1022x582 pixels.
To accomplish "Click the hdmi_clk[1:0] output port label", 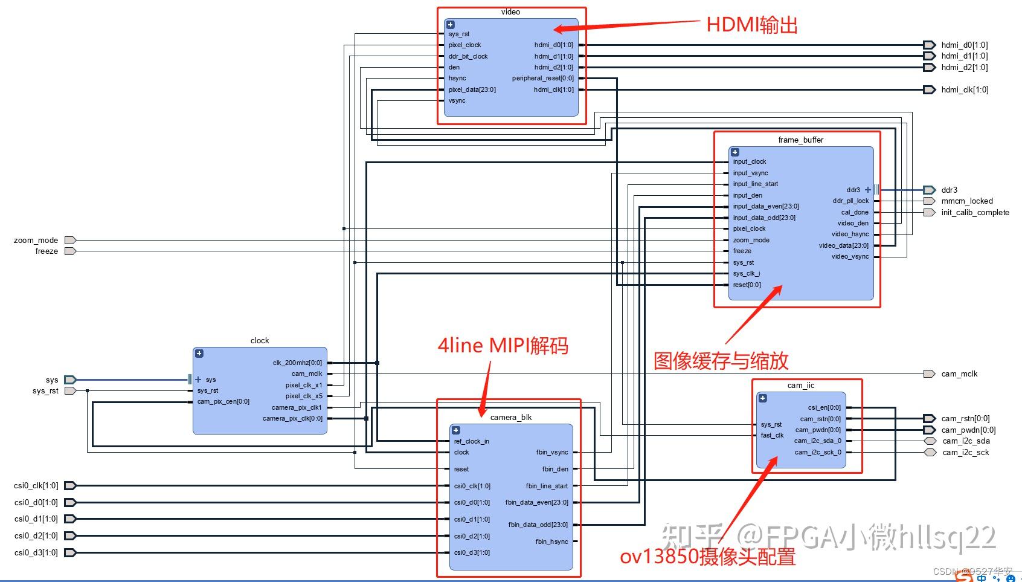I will click(965, 90).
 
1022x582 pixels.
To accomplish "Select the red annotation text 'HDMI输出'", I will click(752, 25).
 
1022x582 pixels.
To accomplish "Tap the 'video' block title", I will click(510, 12).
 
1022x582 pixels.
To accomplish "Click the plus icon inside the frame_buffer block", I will click(735, 152).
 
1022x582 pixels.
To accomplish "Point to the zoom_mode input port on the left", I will click(36, 240).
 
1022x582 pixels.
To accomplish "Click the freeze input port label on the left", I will click(47, 251).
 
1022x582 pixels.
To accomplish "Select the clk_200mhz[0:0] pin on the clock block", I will click(297, 363).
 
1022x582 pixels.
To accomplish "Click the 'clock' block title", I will click(260, 341).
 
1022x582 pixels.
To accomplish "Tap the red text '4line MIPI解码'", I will click(503, 346).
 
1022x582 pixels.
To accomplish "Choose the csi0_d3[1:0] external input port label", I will click(36, 552).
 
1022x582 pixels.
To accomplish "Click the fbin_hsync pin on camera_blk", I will click(551, 542).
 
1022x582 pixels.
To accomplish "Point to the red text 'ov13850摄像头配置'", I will click(707, 557).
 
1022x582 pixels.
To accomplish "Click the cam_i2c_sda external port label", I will click(966, 441).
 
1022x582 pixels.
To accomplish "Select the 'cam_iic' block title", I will click(801, 386).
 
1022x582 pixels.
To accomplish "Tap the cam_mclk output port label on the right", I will click(959, 374).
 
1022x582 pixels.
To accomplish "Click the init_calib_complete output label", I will click(975, 213).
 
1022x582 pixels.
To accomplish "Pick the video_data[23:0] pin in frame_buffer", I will click(843, 245).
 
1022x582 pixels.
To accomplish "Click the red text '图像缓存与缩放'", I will click(721, 361).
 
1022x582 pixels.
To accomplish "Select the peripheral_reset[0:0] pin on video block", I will click(542, 79).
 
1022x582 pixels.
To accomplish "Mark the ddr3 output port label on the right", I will click(949, 190).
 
